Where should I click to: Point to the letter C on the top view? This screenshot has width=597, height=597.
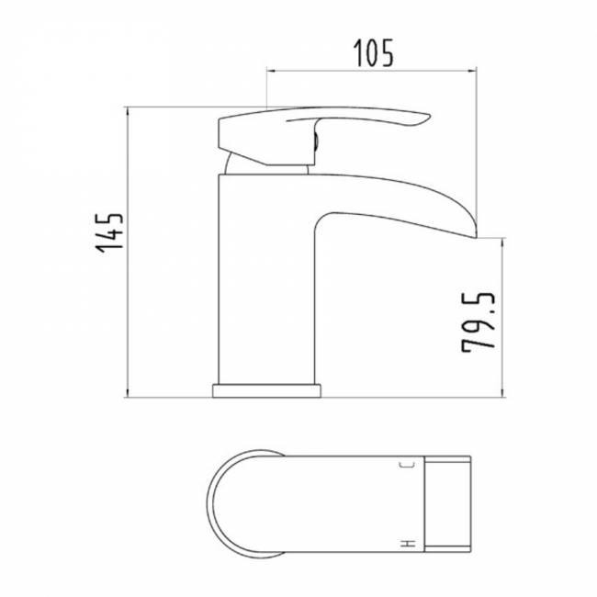407,467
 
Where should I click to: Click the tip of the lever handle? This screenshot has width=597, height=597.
425,118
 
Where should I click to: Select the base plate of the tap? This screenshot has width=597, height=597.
268,389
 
